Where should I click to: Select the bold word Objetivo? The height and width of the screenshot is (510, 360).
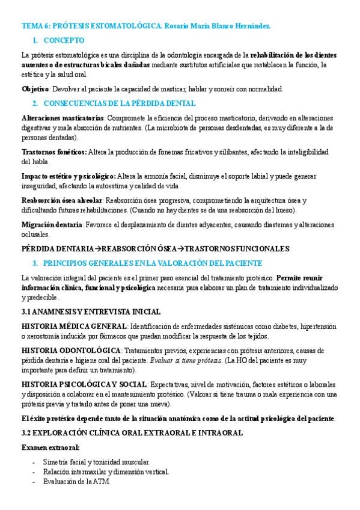(x=35, y=89)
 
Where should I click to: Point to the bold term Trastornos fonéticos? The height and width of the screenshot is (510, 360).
(x=53, y=152)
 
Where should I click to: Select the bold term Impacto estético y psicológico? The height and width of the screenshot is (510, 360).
(x=69, y=176)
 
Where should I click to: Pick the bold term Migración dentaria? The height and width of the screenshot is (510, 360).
(x=52, y=224)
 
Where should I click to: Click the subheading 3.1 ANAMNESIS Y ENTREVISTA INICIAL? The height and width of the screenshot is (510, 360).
(x=91, y=312)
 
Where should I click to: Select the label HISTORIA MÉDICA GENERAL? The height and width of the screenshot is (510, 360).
(x=74, y=326)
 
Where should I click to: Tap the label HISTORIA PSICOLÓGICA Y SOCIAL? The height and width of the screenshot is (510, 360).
(x=84, y=384)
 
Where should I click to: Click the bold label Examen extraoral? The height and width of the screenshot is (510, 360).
(x=50, y=447)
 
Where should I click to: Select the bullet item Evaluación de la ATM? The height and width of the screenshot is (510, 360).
(x=77, y=482)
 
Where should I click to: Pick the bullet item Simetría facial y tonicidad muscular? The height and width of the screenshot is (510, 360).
(x=96, y=461)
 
